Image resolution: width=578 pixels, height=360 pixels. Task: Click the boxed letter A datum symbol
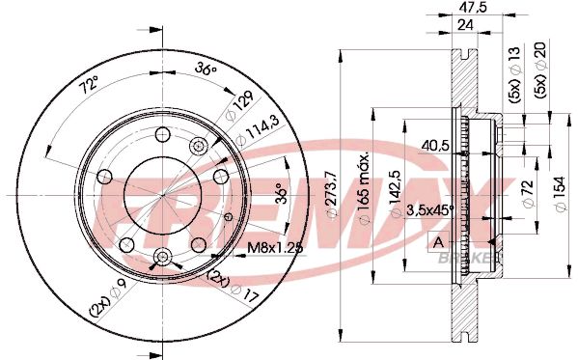point(439,241)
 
